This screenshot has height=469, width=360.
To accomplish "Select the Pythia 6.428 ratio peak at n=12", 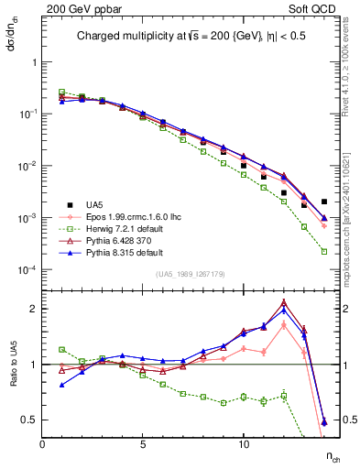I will [x=284, y=301].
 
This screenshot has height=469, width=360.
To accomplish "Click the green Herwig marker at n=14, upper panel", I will [x=324, y=251].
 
